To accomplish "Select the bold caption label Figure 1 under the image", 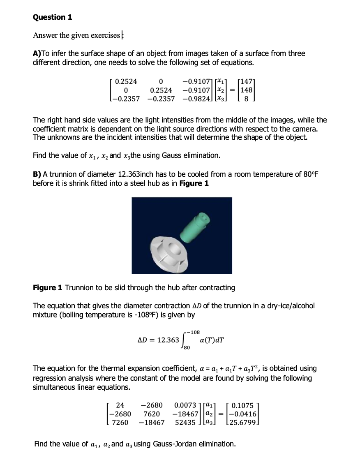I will click(46, 288).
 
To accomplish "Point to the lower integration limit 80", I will click(187, 348).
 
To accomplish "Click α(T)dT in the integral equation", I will click(211, 340).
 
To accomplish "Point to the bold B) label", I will click(37, 174).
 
